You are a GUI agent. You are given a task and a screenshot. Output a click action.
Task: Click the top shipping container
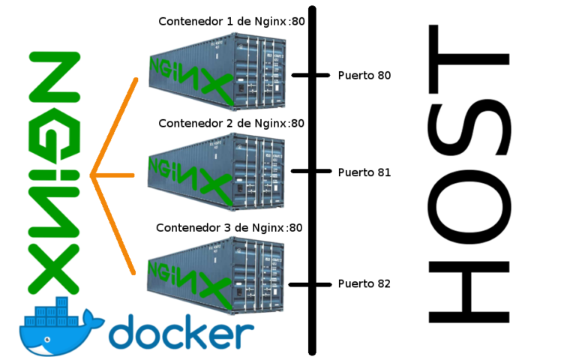(217, 71)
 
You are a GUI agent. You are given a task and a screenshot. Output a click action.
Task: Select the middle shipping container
(217, 172)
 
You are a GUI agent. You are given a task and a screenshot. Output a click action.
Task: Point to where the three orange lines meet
(91, 175)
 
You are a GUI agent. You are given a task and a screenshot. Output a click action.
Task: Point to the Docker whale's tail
(94, 319)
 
